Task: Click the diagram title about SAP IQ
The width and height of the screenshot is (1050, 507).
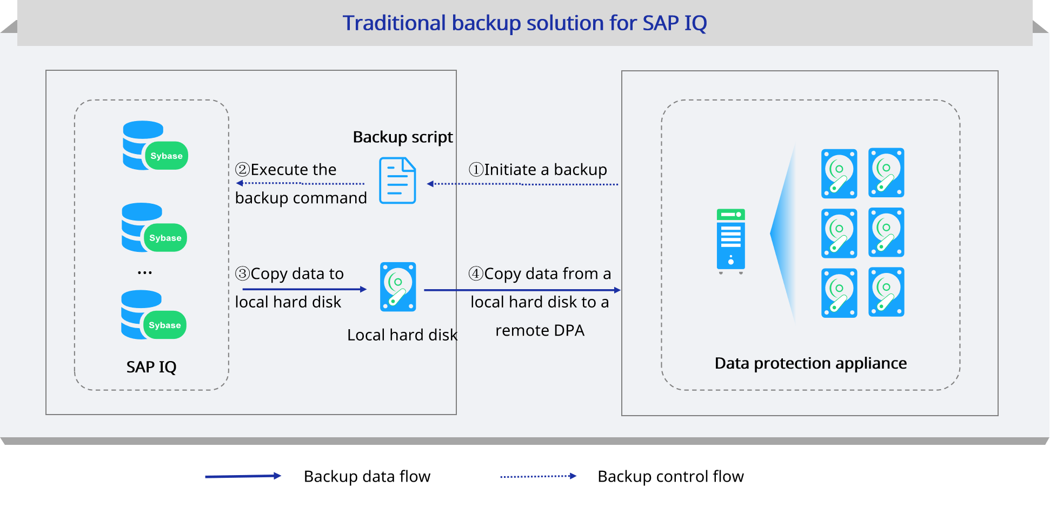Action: (524, 23)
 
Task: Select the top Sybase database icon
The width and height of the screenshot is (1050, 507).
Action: (155, 145)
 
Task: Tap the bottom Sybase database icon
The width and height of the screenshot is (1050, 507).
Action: (154, 315)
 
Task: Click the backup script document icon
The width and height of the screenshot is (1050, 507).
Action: (397, 181)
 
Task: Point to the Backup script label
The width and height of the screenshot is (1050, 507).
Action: (403, 137)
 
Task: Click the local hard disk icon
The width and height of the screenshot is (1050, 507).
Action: (398, 287)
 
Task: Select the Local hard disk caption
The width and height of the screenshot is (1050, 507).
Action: (402, 335)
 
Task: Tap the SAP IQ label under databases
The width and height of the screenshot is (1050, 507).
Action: (151, 367)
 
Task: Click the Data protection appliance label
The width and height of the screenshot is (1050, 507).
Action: (810, 363)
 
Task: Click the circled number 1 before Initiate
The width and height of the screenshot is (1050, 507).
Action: (476, 170)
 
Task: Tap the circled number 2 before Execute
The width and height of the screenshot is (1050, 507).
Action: (243, 170)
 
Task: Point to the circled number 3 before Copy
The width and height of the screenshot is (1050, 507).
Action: (243, 273)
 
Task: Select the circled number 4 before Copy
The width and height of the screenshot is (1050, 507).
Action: (476, 273)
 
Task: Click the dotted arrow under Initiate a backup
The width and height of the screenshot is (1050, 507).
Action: (522, 184)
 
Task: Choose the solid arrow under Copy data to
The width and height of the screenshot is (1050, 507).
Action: (304, 290)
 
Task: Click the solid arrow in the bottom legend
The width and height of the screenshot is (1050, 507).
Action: (243, 476)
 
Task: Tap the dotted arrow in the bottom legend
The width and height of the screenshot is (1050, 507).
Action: (539, 476)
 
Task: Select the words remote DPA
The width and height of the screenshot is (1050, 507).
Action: (540, 331)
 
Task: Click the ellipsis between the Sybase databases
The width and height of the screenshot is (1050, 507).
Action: (144, 272)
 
